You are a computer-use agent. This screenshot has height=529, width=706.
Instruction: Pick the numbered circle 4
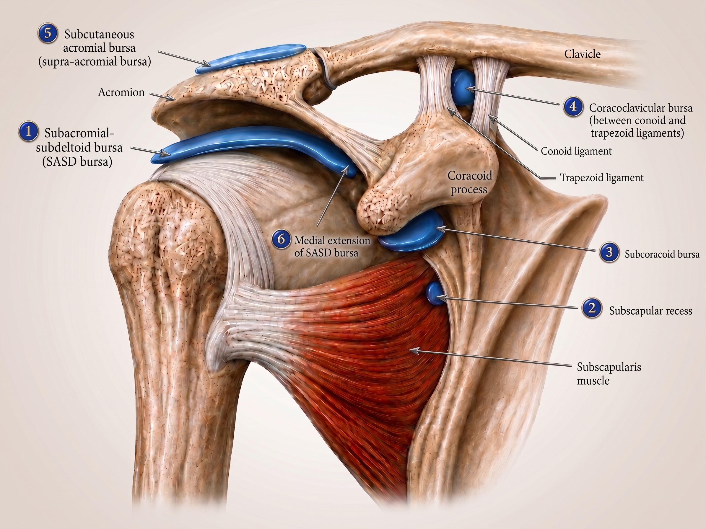coord(573,107)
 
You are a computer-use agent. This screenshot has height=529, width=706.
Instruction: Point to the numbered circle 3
coord(609,252)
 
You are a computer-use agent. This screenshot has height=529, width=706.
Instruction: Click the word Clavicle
coord(583,54)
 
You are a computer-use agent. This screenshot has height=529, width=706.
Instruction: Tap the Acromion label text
coord(121,92)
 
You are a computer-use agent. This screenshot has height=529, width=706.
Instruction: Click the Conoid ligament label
coord(576,151)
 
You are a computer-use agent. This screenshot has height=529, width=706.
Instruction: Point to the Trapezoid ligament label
coord(602,178)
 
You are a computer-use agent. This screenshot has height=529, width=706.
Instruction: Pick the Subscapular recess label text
coord(650,311)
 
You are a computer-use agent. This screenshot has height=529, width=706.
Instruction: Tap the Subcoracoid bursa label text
coord(662,254)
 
